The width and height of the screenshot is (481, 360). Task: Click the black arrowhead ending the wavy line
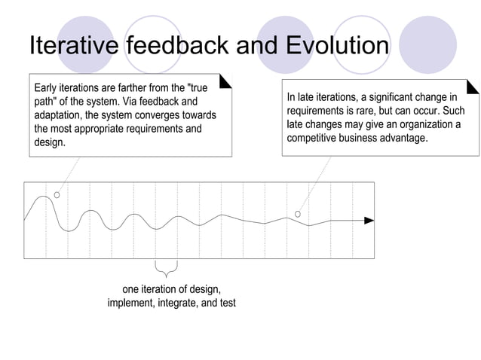pyautogui.click(x=369, y=221)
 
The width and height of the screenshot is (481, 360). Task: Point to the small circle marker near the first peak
pyautogui.click(x=57, y=194)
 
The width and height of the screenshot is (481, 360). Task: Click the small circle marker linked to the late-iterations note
pyautogui.click(x=298, y=215)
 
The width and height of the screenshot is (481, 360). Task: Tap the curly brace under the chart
pyautogui.click(x=166, y=269)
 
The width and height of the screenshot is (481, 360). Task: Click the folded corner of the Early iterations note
pyautogui.click(x=225, y=79)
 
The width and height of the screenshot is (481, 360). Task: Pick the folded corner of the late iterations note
pyautogui.click(x=473, y=87)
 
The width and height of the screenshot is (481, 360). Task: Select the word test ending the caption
pyautogui.click(x=226, y=303)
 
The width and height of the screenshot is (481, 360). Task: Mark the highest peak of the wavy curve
pyautogui.click(x=44, y=197)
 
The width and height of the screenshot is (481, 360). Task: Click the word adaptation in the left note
pyautogui.click(x=61, y=115)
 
